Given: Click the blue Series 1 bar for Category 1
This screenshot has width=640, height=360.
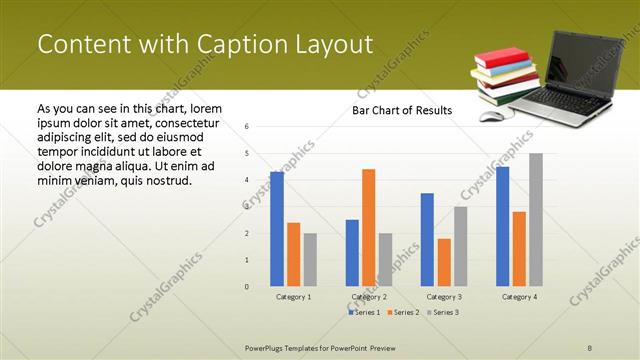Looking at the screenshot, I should click(277, 229).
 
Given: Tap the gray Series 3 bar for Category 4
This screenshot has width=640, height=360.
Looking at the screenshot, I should click(536, 220).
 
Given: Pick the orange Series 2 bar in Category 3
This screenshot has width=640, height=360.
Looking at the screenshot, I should click(444, 262).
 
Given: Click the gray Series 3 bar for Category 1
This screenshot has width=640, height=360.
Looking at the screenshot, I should click(310, 260).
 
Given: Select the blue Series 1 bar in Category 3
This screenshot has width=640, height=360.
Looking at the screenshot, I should click(427, 240).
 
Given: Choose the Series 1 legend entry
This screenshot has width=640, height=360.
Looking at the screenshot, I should click(365, 313).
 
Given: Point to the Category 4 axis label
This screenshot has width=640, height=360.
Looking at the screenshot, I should click(519, 297).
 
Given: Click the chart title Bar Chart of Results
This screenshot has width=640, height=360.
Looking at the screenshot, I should click(402, 110).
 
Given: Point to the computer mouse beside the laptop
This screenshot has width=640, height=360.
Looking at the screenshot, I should click(491, 116).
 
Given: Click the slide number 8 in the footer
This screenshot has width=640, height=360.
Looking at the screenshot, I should click(590, 346).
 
